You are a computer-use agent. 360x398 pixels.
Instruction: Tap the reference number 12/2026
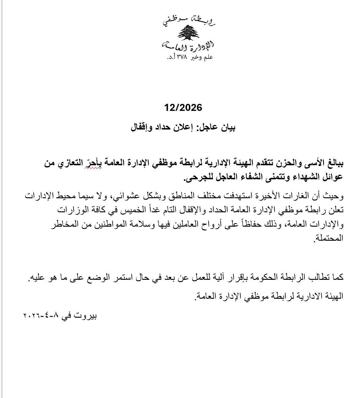[x=183, y=108]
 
